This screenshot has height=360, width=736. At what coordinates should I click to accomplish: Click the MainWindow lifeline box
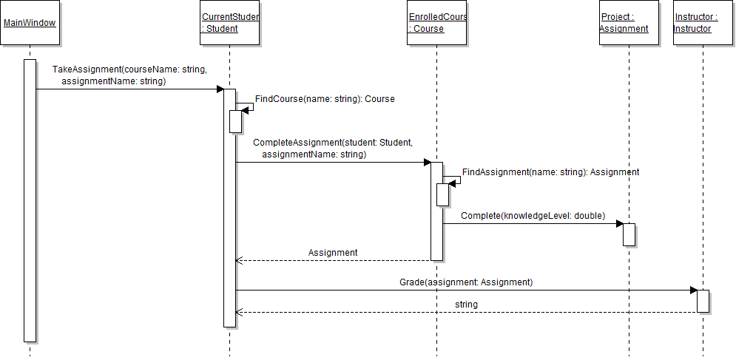30,23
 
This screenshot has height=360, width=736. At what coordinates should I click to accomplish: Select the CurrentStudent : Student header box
230,23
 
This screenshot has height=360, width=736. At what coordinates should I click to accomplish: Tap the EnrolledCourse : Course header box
437,23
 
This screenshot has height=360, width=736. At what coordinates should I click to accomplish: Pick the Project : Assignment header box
629,23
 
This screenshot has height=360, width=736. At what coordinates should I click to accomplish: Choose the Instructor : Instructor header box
703,23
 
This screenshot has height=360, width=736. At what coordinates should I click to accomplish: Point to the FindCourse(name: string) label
325,99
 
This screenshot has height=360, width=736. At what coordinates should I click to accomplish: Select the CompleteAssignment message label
332,148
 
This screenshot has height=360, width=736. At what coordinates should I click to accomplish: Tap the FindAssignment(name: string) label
550,172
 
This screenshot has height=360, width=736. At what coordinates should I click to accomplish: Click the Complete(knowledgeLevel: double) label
533,216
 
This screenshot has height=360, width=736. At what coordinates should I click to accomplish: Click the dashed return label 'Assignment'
333,253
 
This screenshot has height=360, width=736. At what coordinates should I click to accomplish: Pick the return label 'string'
466,305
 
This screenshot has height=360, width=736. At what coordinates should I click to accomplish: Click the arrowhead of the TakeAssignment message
220,89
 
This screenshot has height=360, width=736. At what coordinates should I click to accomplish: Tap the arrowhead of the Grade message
693,290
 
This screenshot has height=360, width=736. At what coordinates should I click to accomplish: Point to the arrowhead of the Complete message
619,223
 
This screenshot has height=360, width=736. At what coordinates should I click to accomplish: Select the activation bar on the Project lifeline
629,234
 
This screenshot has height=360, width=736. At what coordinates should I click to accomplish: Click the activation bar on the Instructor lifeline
703,301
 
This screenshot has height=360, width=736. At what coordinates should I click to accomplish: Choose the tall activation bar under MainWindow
30,200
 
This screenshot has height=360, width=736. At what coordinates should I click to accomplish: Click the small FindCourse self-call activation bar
235,121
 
